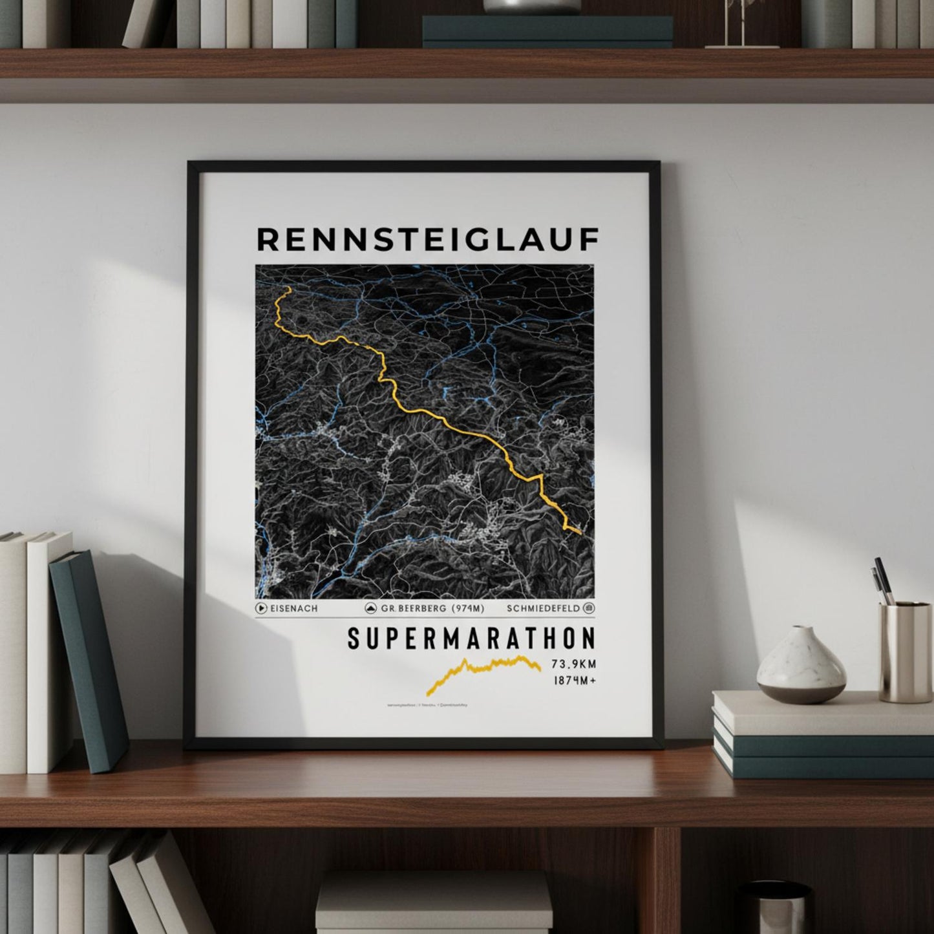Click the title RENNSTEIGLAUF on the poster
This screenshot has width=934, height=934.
point(428,239)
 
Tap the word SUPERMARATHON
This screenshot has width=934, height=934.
point(471,639)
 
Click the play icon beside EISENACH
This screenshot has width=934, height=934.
point(261,608)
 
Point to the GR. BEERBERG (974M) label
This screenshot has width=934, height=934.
point(432,608)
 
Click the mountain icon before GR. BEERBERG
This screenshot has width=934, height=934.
point(372,608)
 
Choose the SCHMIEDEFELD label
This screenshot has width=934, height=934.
point(544,608)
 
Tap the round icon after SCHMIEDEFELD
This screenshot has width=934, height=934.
point(589,608)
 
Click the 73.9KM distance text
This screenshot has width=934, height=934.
point(573,664)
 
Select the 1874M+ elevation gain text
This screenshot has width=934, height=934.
point(573,680)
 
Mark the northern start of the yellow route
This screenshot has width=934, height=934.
point(288,290)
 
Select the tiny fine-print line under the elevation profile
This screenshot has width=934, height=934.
point(427,705)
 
